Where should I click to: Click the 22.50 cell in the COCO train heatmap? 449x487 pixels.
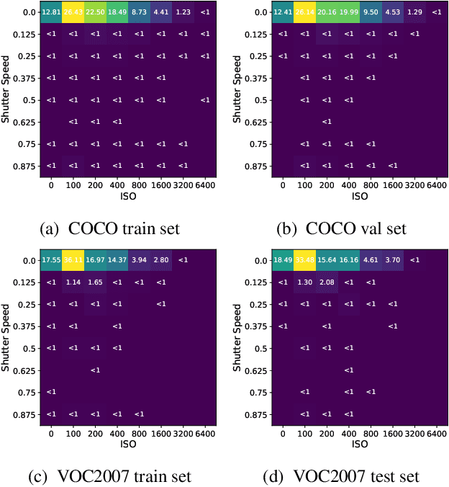[x=95, y=12]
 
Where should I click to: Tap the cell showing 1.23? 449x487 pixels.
[x=183, y=12]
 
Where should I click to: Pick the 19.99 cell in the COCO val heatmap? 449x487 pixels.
[x=348, y=12]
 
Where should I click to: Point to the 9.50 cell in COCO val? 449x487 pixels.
[x=371, y=12]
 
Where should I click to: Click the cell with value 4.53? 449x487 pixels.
[x=392, y=12]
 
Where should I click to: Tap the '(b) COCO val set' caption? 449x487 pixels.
[x=342, y=229]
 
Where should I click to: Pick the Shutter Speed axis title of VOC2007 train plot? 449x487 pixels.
[x=6, y=336]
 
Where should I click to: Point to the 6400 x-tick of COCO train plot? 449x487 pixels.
[x=205, y=185]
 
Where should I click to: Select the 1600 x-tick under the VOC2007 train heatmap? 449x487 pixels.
[x=161, y=432]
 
